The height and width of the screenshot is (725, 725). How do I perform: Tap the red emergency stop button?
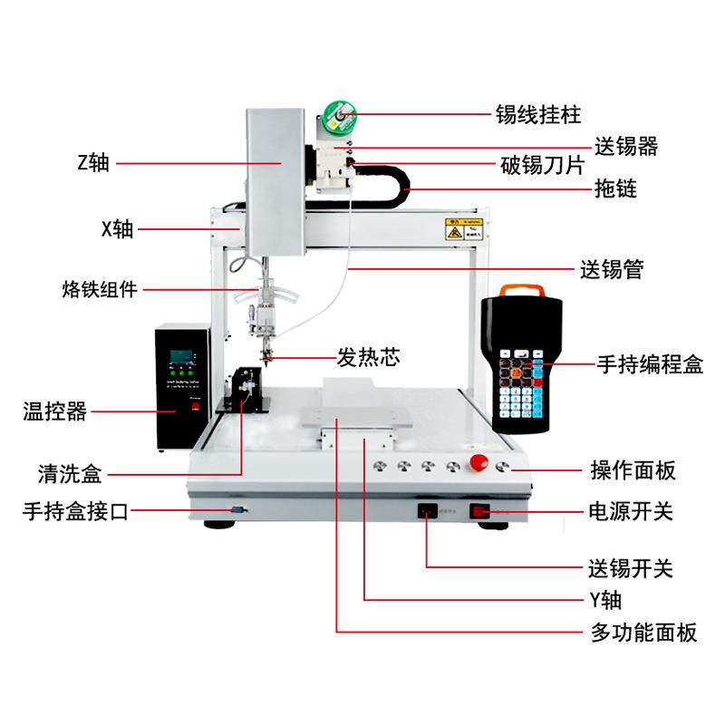point(478,466)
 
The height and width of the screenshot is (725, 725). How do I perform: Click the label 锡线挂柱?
point(537,115)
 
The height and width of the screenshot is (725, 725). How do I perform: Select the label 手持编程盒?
point(649,364)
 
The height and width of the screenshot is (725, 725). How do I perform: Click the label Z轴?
point(92,163)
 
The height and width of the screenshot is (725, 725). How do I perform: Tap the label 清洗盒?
point(70,473)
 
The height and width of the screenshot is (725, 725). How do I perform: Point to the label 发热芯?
point(368,357)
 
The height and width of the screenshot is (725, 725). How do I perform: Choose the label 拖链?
point(615,189)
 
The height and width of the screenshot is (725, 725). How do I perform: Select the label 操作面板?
point(633,470)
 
